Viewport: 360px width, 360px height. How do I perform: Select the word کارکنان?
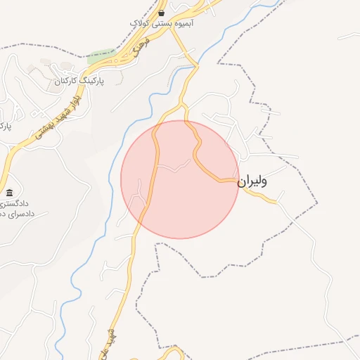click(65, 82)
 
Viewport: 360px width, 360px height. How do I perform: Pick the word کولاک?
click(143, 23)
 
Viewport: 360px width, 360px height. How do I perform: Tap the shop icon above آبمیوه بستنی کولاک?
click(162, 13)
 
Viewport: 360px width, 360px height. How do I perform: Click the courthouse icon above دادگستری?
click(9, 193)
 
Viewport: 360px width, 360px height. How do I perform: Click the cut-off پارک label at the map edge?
click(6, 127)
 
